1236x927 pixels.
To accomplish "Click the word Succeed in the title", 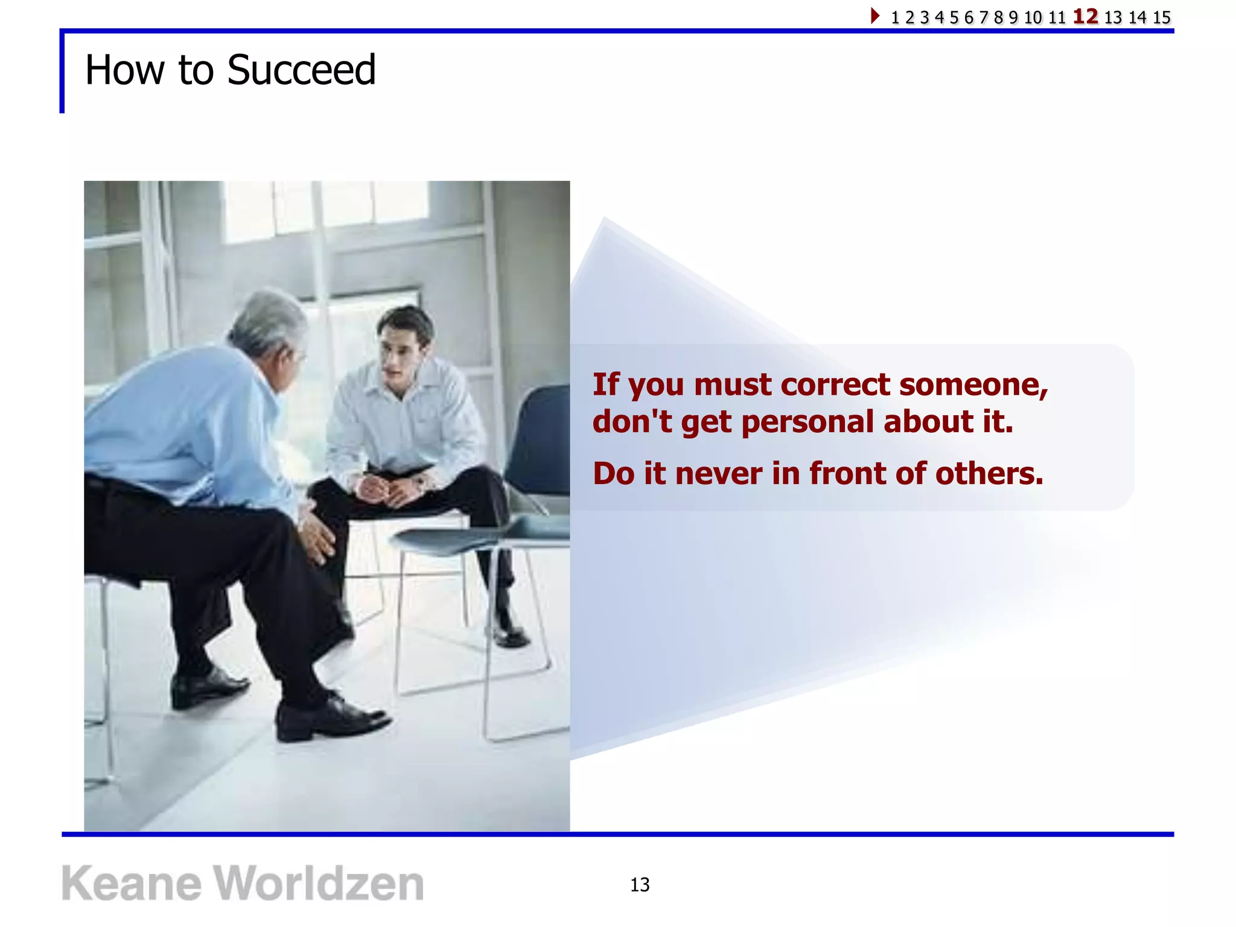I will pos(301,70).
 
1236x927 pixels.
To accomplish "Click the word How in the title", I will pos(124,70).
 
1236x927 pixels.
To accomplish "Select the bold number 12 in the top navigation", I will pos(1085,16).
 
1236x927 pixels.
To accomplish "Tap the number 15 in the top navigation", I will pos(1161,18).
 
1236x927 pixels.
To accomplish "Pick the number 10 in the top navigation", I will pos(1033,18).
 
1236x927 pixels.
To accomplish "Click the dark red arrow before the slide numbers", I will pos(874,16).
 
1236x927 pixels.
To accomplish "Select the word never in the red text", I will pos(718,473).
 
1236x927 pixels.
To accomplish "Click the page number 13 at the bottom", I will pos(640,885).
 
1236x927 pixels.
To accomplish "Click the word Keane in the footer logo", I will pos(131,884).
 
